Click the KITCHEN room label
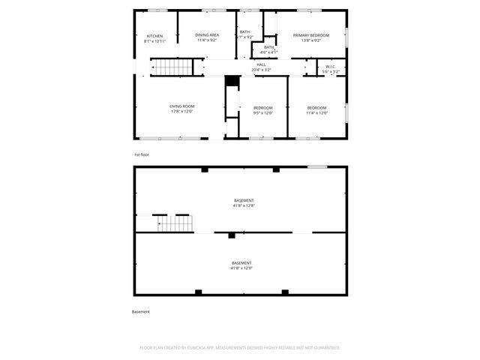(155, 36)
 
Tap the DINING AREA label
(207, 35)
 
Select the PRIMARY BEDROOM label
(310, 35)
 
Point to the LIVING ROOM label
(182, 106)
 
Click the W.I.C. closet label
(331, 67)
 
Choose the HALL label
(262, 64)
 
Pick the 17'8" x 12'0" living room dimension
(182, 112)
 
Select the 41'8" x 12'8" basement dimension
(243, 205)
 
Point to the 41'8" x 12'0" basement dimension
(241, 268)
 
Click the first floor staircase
(173, 68)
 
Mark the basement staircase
(174, 223)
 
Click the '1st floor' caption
(142, 154)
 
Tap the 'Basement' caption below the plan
(141, 311)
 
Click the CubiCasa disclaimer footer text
(240, 348)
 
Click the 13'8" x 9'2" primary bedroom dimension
(310, 40)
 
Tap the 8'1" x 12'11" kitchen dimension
(155, 41)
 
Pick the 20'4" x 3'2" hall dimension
(262, 70)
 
